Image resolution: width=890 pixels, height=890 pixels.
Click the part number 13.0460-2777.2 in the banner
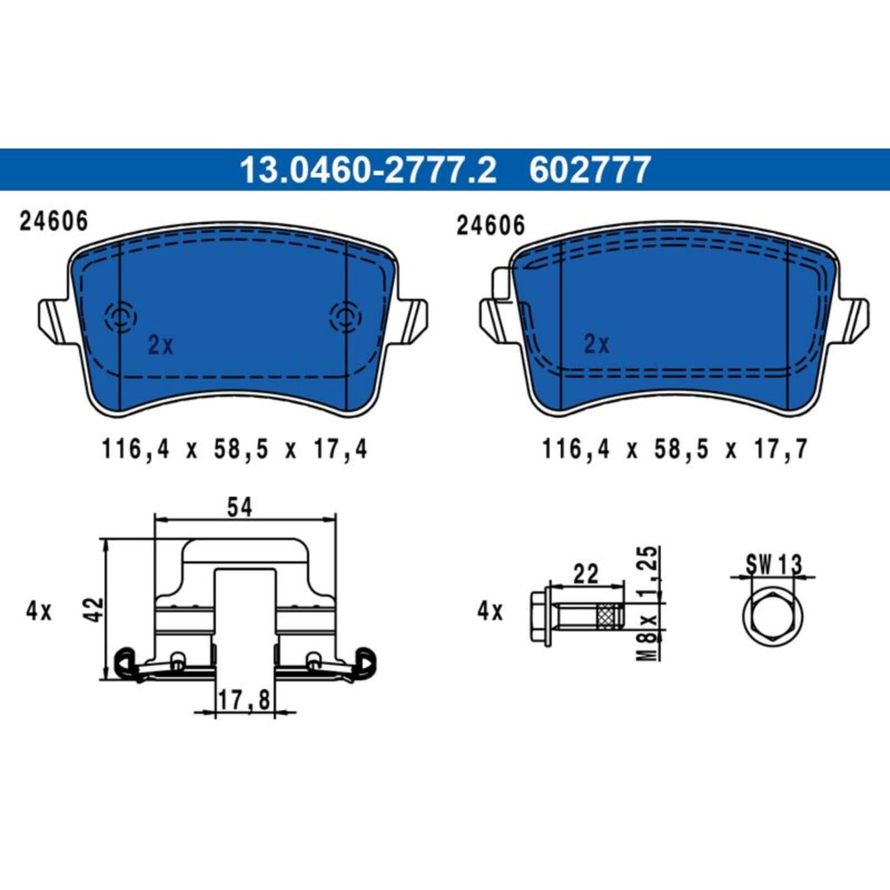367,170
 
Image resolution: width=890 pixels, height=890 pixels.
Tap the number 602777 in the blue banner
590,170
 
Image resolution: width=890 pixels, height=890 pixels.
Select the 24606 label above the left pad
54,221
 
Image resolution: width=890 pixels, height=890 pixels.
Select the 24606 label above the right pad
491,225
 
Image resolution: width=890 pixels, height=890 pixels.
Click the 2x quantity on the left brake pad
160,345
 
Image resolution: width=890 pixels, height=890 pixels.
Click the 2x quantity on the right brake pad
596,344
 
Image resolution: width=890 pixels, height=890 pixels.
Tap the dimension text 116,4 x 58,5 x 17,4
234,449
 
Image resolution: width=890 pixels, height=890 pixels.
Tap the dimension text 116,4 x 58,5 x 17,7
675,449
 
